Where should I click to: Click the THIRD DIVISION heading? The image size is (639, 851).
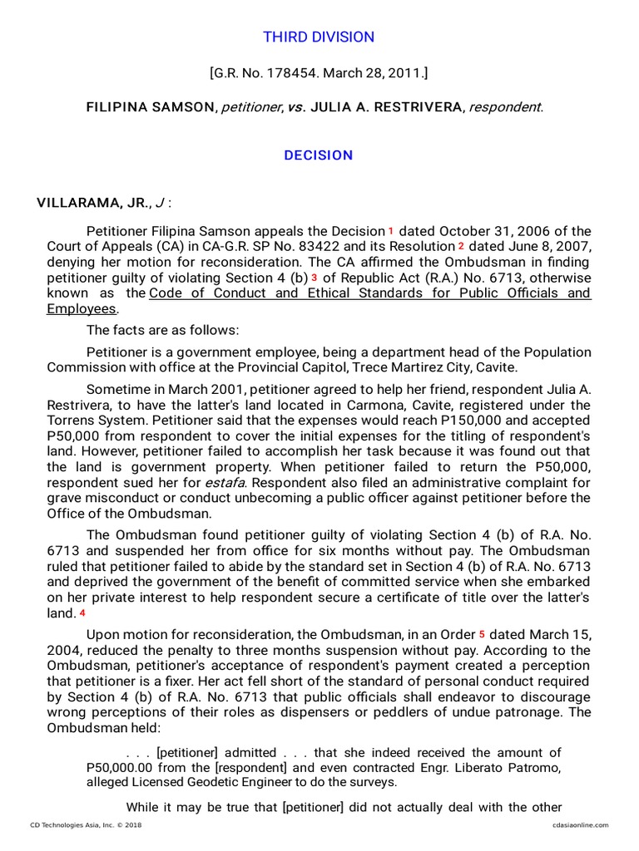click(x=319, y=37)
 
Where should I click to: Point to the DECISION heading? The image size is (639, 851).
click(x=319, y=155)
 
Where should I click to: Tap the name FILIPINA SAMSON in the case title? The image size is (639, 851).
click(x=149, y=107)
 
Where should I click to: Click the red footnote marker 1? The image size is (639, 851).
click(x=391, y=230)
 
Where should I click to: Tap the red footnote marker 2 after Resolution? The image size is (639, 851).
click(x=460, y=246)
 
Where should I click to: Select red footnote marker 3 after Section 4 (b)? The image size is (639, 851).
click(x=315, y=277)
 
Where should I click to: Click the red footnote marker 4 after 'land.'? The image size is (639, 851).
click(x=82, y=612)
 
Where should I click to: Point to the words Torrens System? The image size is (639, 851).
click(x=96, y=420)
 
